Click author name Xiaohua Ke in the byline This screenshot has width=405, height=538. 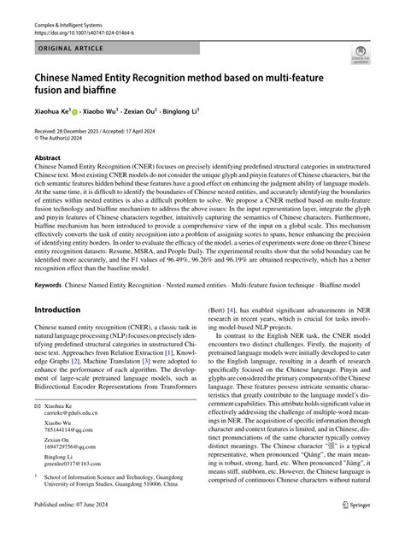click(56, 112)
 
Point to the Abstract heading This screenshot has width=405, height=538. click(48, 159)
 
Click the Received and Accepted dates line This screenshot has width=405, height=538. click(110, 131)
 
